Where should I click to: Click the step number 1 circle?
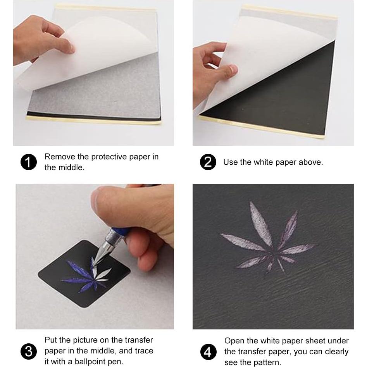pos(28,162)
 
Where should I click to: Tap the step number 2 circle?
pos(208,162)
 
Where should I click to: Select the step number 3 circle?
pos(28,351)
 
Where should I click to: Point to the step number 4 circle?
pos(208,352)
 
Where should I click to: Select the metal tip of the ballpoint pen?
pos(100,252)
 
